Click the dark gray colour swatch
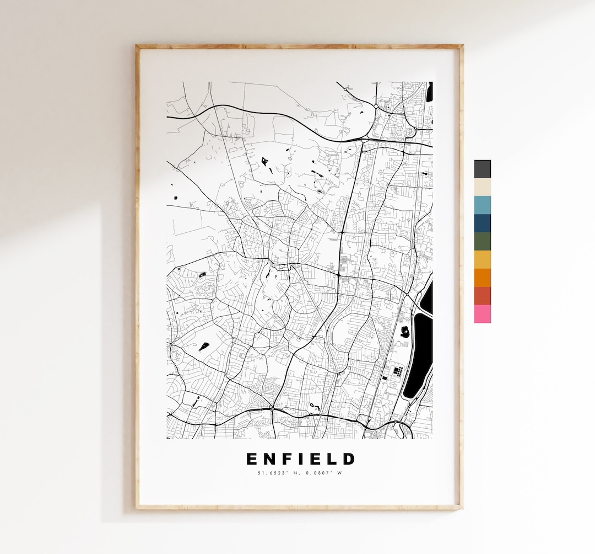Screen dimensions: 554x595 482,169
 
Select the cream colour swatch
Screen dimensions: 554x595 482,187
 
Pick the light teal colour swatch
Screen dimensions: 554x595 482,205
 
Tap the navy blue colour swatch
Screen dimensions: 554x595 482,223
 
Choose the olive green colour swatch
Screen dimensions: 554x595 482,241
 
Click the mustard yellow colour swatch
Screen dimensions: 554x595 482,259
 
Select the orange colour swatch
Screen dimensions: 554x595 482,278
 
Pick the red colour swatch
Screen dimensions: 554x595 482,296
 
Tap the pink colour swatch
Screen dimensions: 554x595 482,314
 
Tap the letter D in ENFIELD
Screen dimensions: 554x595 349,459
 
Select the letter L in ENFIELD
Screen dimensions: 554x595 333,459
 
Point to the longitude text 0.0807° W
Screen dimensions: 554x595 322,472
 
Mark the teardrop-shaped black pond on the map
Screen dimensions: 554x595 204,347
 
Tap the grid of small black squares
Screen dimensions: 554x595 398,371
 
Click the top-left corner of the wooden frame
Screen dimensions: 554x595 138,47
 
